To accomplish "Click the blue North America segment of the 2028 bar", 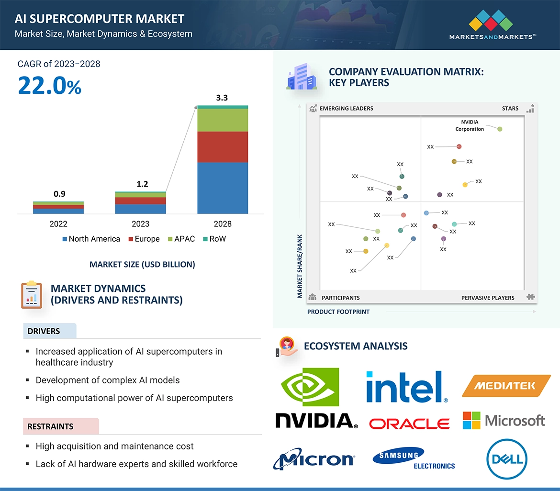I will coord(223,188).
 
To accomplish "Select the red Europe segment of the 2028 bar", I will coord(223,147).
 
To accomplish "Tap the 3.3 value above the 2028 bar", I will coord(222,98).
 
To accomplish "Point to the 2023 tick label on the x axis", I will coord(140,224).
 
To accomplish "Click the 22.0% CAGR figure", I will coord(50,86).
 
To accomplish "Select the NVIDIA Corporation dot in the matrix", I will coord(500,129).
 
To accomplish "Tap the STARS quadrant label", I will coord(510,109).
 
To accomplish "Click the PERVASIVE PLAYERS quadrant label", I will coord(488,298).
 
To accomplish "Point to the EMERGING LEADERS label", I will coord(346,109).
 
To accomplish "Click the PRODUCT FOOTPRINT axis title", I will coord(338,312).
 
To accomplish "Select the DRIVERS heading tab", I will coord(44,331).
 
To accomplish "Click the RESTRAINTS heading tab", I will coord(51,426).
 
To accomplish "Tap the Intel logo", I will coord(407,387).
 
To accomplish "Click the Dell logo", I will coord(507,460).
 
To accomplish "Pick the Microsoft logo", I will coord(504,421).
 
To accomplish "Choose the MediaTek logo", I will coord(506,386).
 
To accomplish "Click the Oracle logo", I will coord(409,424).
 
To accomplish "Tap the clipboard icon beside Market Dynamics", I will coord(32,295).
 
